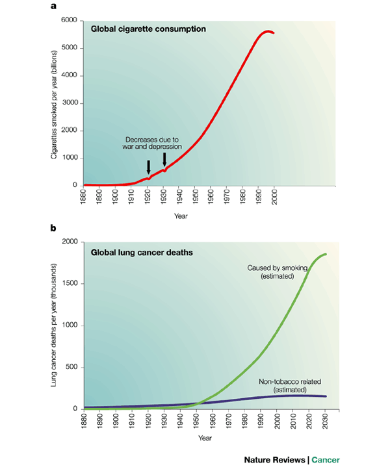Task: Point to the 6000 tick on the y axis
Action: [70, 20]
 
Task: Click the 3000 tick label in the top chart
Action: [70, 103]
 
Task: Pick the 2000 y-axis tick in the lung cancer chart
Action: [70, 242]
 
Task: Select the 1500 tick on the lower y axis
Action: [70, 283]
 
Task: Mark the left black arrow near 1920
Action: [148, 167]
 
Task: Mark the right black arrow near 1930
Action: [164, 159]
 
